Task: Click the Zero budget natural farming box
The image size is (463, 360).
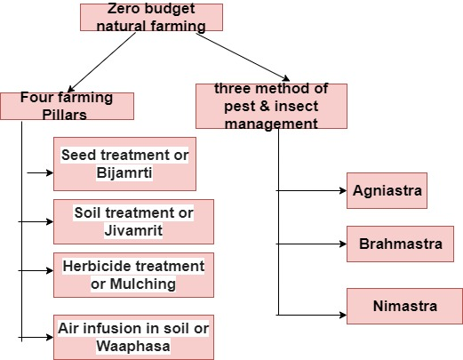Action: coord(151,17)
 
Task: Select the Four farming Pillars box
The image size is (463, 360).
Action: coord(67,106)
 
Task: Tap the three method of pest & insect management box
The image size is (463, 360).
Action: coord(271,106)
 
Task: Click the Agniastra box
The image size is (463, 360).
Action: coord(387,190)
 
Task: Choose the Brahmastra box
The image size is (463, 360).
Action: coord(400,244)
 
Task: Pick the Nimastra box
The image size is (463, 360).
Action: coord(404,306)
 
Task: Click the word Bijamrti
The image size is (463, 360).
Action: coord(124,172)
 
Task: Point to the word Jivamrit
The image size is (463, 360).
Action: coord(133,230)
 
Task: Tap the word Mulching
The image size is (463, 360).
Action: coord(143,284)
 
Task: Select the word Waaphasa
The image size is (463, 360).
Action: coord(133,346)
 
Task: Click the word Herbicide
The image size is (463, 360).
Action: coord(92,266)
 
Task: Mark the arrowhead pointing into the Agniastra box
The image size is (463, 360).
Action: coord(343,190)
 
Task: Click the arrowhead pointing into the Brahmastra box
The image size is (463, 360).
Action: coord(343,244)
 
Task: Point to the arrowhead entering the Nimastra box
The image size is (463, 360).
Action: coord(343,315)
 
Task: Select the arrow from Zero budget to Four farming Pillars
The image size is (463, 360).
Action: coord(101,62)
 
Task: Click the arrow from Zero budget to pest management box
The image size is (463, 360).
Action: coord(243,57)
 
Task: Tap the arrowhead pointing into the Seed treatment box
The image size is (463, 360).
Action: coord(50,172)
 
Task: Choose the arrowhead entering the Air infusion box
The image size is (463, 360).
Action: coord(50,337)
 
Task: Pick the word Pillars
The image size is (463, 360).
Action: coord(64,115)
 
